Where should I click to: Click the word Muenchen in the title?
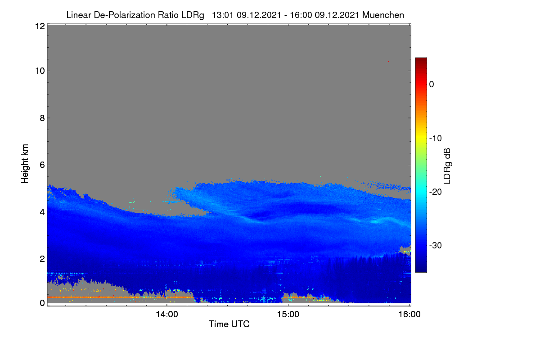point(383,15)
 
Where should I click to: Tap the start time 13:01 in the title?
point(223,15)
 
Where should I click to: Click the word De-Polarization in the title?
point(124,15)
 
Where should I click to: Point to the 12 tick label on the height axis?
point(40,26)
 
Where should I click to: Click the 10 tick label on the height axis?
point(40,71)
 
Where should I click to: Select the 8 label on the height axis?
point(42,118)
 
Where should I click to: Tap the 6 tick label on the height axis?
point(42,165)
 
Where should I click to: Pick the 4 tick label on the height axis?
point(42,212)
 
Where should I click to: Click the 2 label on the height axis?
point(42,259)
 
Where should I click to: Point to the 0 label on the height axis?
point(42,303)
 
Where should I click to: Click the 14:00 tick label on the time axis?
point(167,315)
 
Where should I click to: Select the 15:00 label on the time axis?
point(288,315)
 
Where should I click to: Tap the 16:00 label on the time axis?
point(409,315)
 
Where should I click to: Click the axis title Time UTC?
point(229,324)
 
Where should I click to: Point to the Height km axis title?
point(25,164)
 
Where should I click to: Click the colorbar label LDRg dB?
point(447,166)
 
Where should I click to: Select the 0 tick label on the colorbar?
point(432,85)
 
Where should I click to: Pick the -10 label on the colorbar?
point(436,139)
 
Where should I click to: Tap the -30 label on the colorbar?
point(436,245)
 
